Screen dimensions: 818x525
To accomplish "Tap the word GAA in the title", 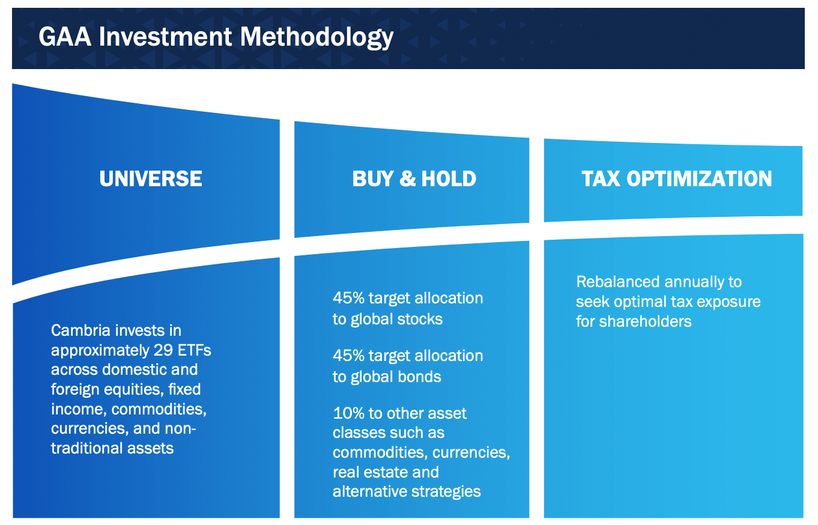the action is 65,37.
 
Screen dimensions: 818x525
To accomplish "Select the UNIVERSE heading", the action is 151,178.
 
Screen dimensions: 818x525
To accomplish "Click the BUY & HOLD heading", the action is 414,178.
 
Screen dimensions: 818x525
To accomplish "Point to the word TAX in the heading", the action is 601,178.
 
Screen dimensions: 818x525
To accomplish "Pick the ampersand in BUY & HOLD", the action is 408,178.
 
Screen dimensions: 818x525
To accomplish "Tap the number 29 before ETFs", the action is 163,350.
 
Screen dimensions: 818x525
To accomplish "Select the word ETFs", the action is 194,350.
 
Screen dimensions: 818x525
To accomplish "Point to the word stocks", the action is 420,319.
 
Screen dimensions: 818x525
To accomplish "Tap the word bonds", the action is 419,377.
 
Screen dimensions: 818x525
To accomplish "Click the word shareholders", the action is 645,321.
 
